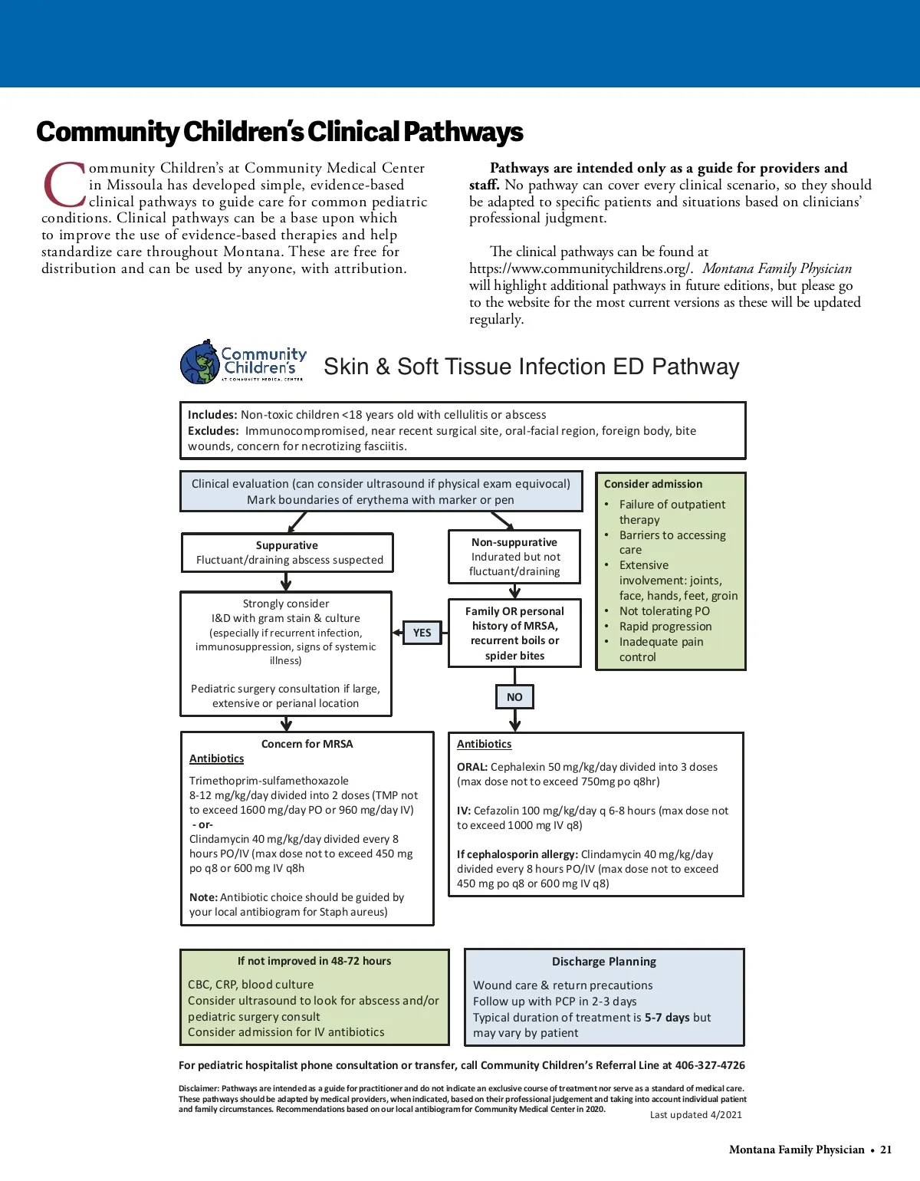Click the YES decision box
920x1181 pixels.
pos(422,633)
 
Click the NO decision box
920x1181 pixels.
pos(514,697)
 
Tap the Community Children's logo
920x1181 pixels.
pos(242,363)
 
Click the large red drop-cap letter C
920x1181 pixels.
pos(64,185)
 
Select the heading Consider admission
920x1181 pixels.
pos(653,484)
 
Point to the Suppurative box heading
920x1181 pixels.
pos(287,545)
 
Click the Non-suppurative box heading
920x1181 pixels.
pos(514,542)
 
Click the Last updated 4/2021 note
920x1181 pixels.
pos(696,1115)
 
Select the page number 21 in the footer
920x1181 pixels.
pos(886,1150)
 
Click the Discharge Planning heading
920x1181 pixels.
pos(604,962)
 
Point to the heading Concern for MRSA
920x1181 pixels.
pos(307,744)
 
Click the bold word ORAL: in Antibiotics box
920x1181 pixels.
pos(472,767)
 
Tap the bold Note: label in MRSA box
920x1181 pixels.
pos(203,897)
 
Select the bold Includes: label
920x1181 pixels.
pos(212,415)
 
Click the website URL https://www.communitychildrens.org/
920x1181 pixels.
pos(581,268)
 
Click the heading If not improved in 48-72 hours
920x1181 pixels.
pos(314,961)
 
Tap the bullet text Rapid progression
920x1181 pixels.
pos(665,627)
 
